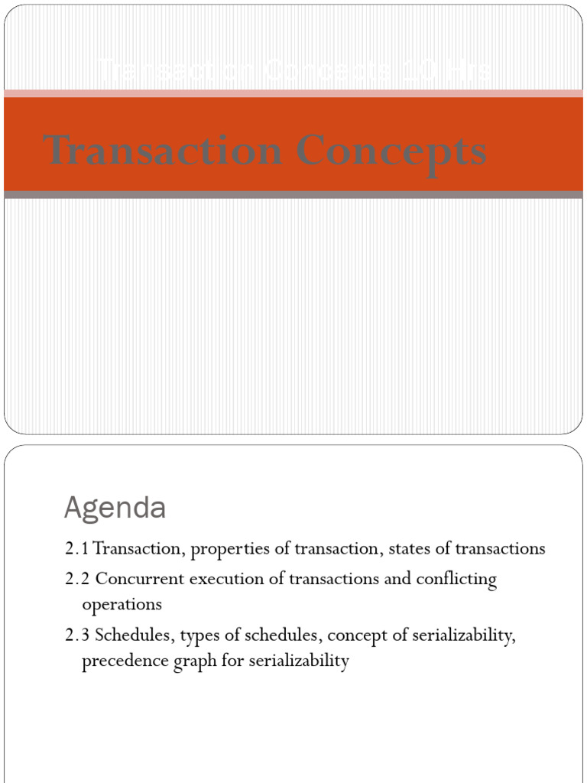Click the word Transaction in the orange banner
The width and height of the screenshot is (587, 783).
(x=162, y=150)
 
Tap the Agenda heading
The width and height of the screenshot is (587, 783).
(x=115, y=507)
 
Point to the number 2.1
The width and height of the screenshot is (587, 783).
(x=77, y=549)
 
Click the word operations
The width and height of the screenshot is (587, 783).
(x=122, y=604)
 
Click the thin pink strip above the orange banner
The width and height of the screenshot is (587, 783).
(x=293, y=93)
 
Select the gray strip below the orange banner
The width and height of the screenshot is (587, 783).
(x=293, y=194)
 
